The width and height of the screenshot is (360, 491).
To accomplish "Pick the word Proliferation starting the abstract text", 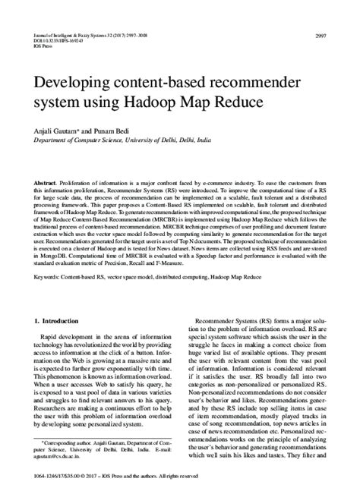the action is click(x=82, y=163).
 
